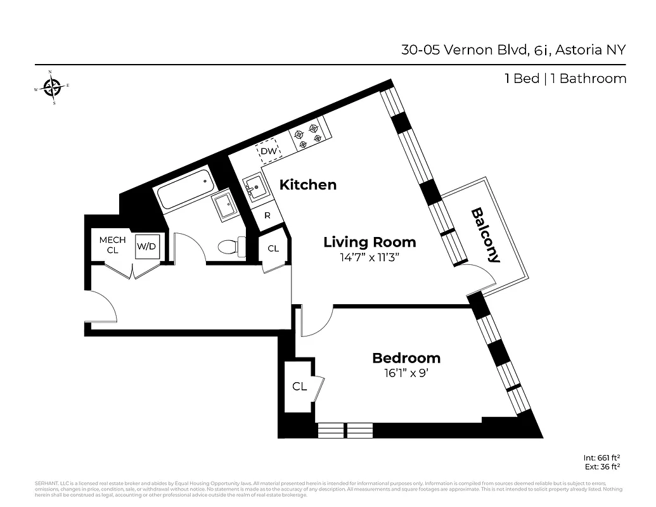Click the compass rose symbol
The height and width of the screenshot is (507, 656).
coord(53,87)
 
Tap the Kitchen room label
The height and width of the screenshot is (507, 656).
coord(308,185)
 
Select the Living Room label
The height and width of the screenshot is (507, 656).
coord(370,241)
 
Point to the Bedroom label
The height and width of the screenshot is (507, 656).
coord(406,358)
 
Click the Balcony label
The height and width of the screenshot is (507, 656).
coord(486,235)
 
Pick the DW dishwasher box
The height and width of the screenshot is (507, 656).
coord(269,151)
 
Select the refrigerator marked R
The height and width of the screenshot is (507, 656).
coord(267,215)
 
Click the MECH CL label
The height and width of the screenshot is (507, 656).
coord(112,245)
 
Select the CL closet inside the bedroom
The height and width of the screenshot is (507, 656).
coord(300,386)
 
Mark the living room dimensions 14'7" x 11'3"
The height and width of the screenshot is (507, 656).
coord(370,258)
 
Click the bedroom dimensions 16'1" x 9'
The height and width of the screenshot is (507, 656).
coord(406,373)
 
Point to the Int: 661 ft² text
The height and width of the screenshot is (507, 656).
coord(601,457)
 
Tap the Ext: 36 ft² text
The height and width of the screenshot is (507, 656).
coord(601,466)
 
